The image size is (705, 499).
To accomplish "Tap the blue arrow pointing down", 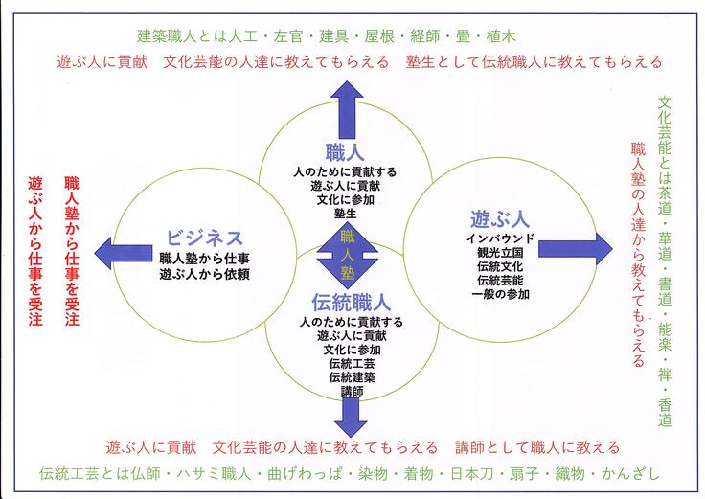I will [351, 413].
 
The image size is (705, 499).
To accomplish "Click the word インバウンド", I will [494, 238].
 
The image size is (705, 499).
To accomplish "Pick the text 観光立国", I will [494, 252].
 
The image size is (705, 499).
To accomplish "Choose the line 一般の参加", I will [494, 294].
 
